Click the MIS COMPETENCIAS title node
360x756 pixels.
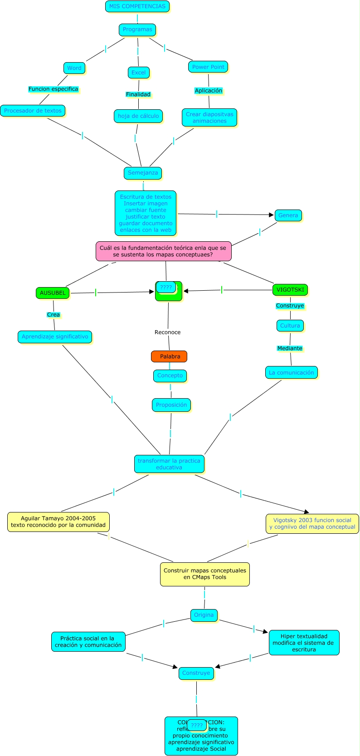(137, 6)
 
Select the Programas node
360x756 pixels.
(137, 29)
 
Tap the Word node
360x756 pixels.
(74, 68)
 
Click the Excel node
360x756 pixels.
(138, 73)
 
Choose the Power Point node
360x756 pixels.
(208, 67)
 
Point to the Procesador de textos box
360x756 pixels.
(33, 111)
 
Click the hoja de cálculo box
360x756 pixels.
(138, 116)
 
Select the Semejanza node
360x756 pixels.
(143, 173)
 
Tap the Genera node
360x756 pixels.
(288, 215)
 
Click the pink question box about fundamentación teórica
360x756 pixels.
(163, 251)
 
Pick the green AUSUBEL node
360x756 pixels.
(53, 293)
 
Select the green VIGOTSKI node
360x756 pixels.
(290, 290)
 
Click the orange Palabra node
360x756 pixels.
(169, 356)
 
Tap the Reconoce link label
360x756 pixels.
(167, 332)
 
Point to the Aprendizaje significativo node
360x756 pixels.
(55, 337)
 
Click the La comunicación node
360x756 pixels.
(291, 373)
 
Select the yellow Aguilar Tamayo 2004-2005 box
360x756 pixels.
(58, 522)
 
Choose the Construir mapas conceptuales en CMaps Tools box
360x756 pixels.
(204, 574)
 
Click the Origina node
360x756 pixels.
(204, 615)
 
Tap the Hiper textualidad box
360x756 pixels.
(304, 643)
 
